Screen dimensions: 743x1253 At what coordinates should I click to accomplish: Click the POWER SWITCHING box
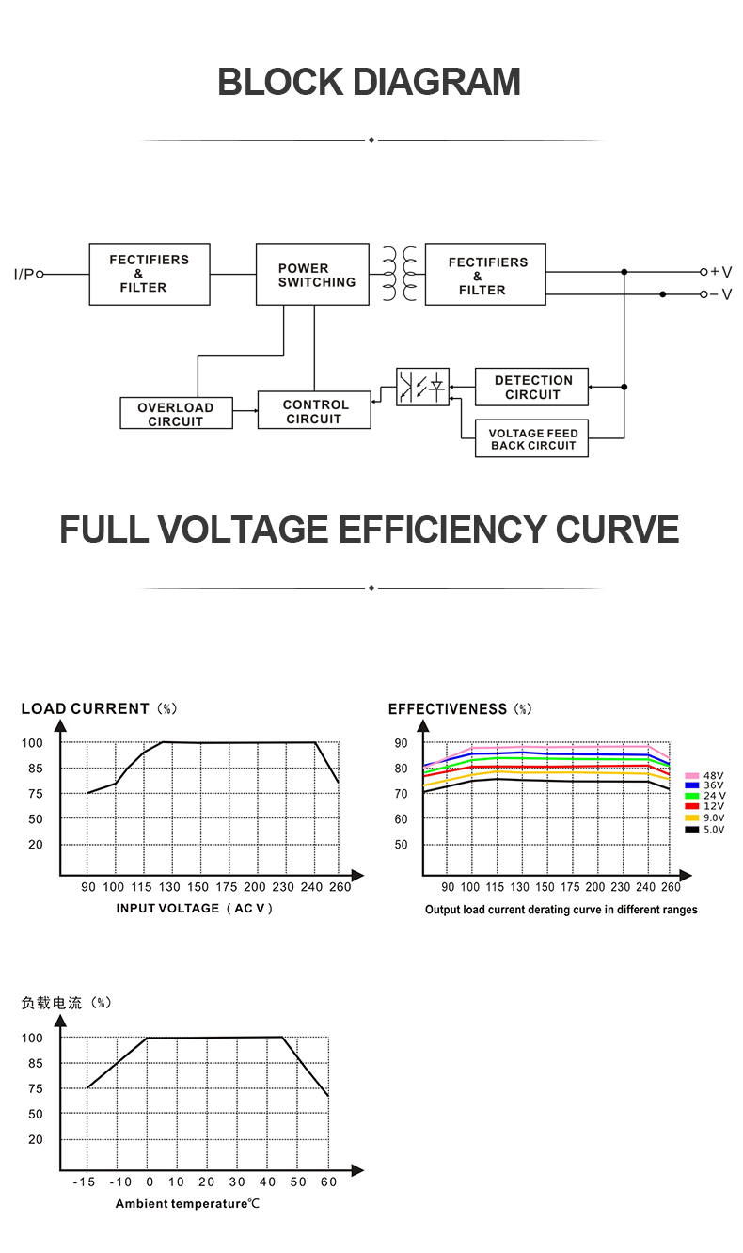[312, 274]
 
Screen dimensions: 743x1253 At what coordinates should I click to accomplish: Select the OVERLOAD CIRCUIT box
[176, 413]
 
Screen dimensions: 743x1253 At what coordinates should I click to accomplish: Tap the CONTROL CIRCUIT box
[314, 410]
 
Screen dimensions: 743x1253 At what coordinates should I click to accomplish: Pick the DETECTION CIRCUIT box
[531, 387]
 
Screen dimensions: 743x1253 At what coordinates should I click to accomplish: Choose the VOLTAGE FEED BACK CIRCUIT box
[531, 438]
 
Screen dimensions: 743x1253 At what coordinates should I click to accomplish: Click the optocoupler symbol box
[422, 387]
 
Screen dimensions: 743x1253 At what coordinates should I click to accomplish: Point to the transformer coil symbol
[400, 274]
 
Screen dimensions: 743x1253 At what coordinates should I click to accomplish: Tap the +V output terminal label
[721, 272]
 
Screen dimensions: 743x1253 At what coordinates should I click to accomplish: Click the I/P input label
[24, 274]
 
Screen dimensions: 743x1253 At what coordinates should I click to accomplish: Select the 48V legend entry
[704, 775]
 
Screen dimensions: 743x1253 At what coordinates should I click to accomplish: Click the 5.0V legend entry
[704, 829]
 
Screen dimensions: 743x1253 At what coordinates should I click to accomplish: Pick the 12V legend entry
[704, 806]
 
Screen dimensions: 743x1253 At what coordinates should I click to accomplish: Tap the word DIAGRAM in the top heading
[436, 82]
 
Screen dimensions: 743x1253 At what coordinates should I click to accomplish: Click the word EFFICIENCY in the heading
[441, 530]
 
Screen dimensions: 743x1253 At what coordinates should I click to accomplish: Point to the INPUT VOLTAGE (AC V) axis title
[195, 909]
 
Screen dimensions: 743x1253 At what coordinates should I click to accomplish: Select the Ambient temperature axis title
[188, 1204]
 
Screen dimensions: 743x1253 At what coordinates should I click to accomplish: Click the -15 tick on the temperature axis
[84, 1182]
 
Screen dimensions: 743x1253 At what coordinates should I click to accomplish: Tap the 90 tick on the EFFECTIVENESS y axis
[401, 743]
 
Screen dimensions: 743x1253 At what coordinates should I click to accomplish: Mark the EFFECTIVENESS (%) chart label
[460, 709]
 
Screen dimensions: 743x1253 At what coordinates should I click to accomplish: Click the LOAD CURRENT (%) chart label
[100, 708]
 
